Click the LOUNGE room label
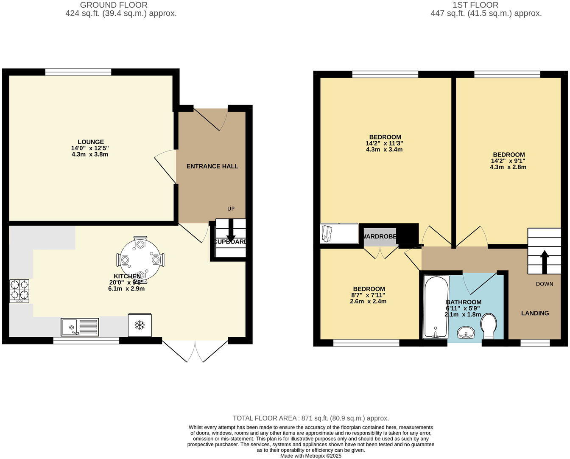(x=90, y=142)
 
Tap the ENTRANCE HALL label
(x=212, y=166)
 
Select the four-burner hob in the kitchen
(x=20, y=291)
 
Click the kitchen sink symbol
(x=80, y=327)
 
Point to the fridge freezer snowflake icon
(x=140, y=325)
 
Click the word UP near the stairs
(x=231, y=209)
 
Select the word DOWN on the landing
(x=544, y=284)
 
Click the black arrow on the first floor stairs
(x=544, y=260)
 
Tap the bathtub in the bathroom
(x=436, y=307)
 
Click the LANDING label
(x=535, y=313)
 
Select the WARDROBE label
(x=380, y=236)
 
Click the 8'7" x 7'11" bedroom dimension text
(x=368, y=295)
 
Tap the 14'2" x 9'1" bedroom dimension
(x=508, y=161)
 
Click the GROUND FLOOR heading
(x=114, y=5)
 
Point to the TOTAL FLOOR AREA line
(x=310, y=418)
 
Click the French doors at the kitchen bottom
(x=195, y=350)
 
